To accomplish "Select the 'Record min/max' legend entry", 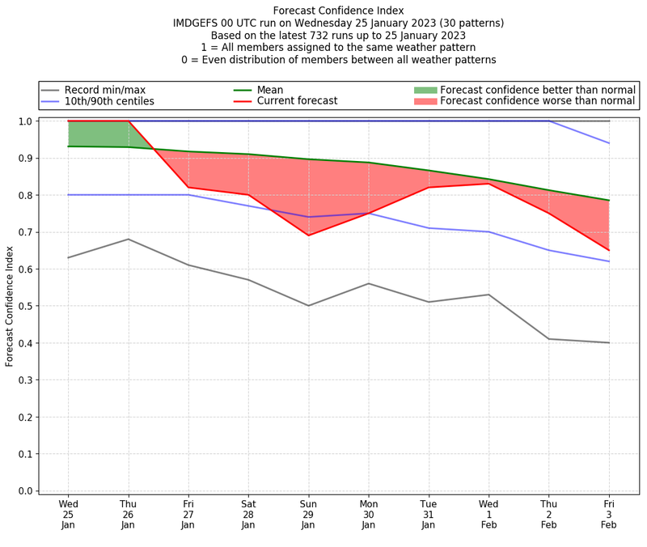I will point(104,90).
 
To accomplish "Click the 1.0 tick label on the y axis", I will point(26,121).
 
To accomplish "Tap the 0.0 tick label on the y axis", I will point(26,490).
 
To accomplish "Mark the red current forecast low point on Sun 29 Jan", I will point(308,235).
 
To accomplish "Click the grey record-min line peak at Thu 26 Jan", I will point(128,239).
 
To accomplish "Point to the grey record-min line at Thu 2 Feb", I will point(548,339).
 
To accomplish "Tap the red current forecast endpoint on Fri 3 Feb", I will point(608,250).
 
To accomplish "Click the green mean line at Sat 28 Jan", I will point(248,155).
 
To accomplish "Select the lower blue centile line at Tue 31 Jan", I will point(429,228).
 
